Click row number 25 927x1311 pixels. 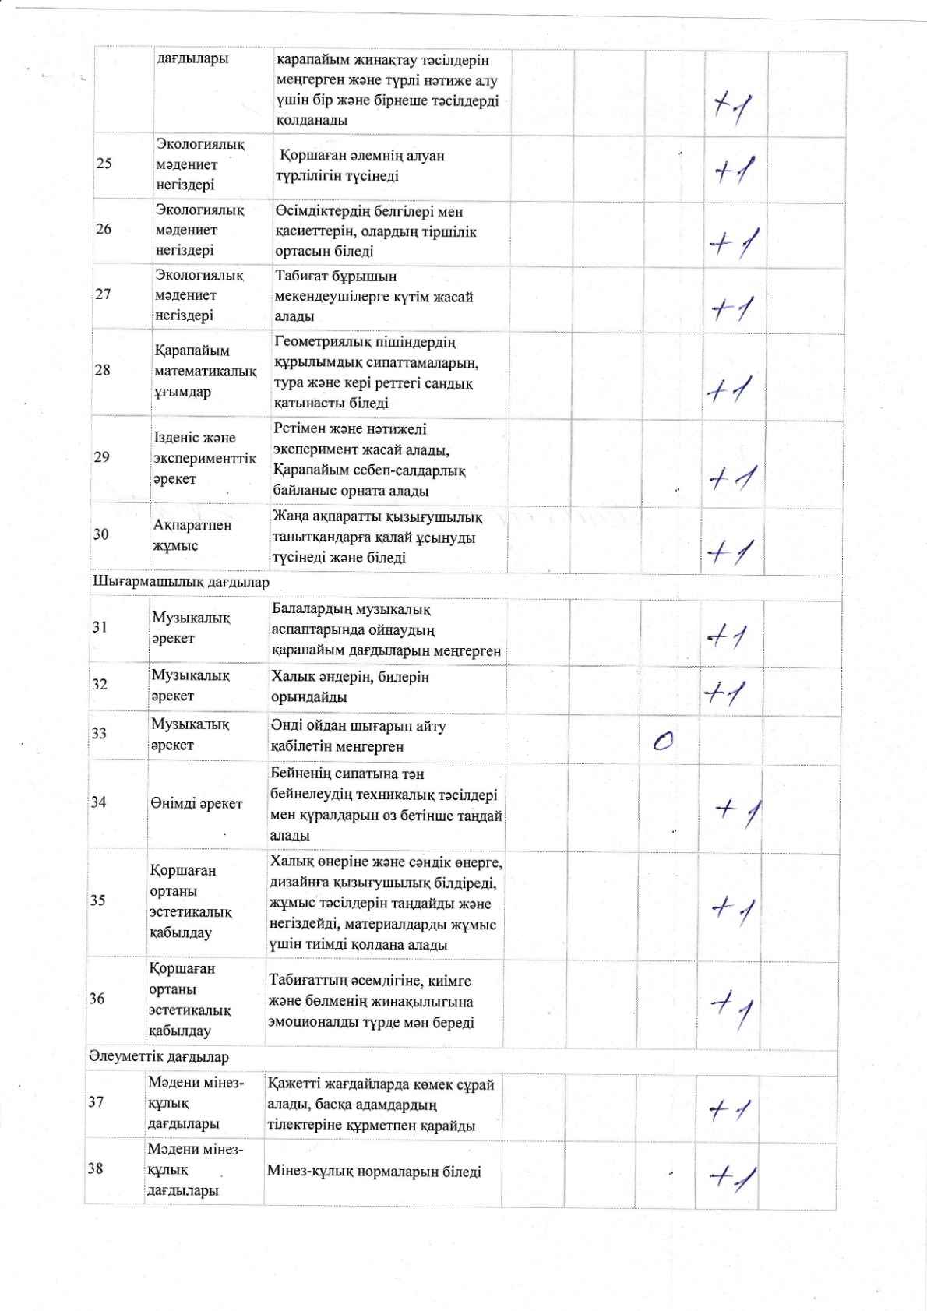(104, 164)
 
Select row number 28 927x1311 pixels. (102, 370)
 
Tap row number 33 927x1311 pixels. (99, 733)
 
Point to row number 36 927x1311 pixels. (97, 998)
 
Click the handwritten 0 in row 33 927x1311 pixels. (663, 741)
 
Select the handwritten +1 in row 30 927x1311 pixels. (728, 552)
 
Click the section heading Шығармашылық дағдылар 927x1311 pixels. (181, 582)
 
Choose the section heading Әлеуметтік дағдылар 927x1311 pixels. (159, 1057)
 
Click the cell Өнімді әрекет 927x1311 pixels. (196, 803)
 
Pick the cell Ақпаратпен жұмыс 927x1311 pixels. (192, 535)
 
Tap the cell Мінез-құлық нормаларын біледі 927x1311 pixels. (374, 1172)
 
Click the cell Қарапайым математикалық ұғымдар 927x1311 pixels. (205, 372)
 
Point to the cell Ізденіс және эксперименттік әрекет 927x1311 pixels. (204, 458)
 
